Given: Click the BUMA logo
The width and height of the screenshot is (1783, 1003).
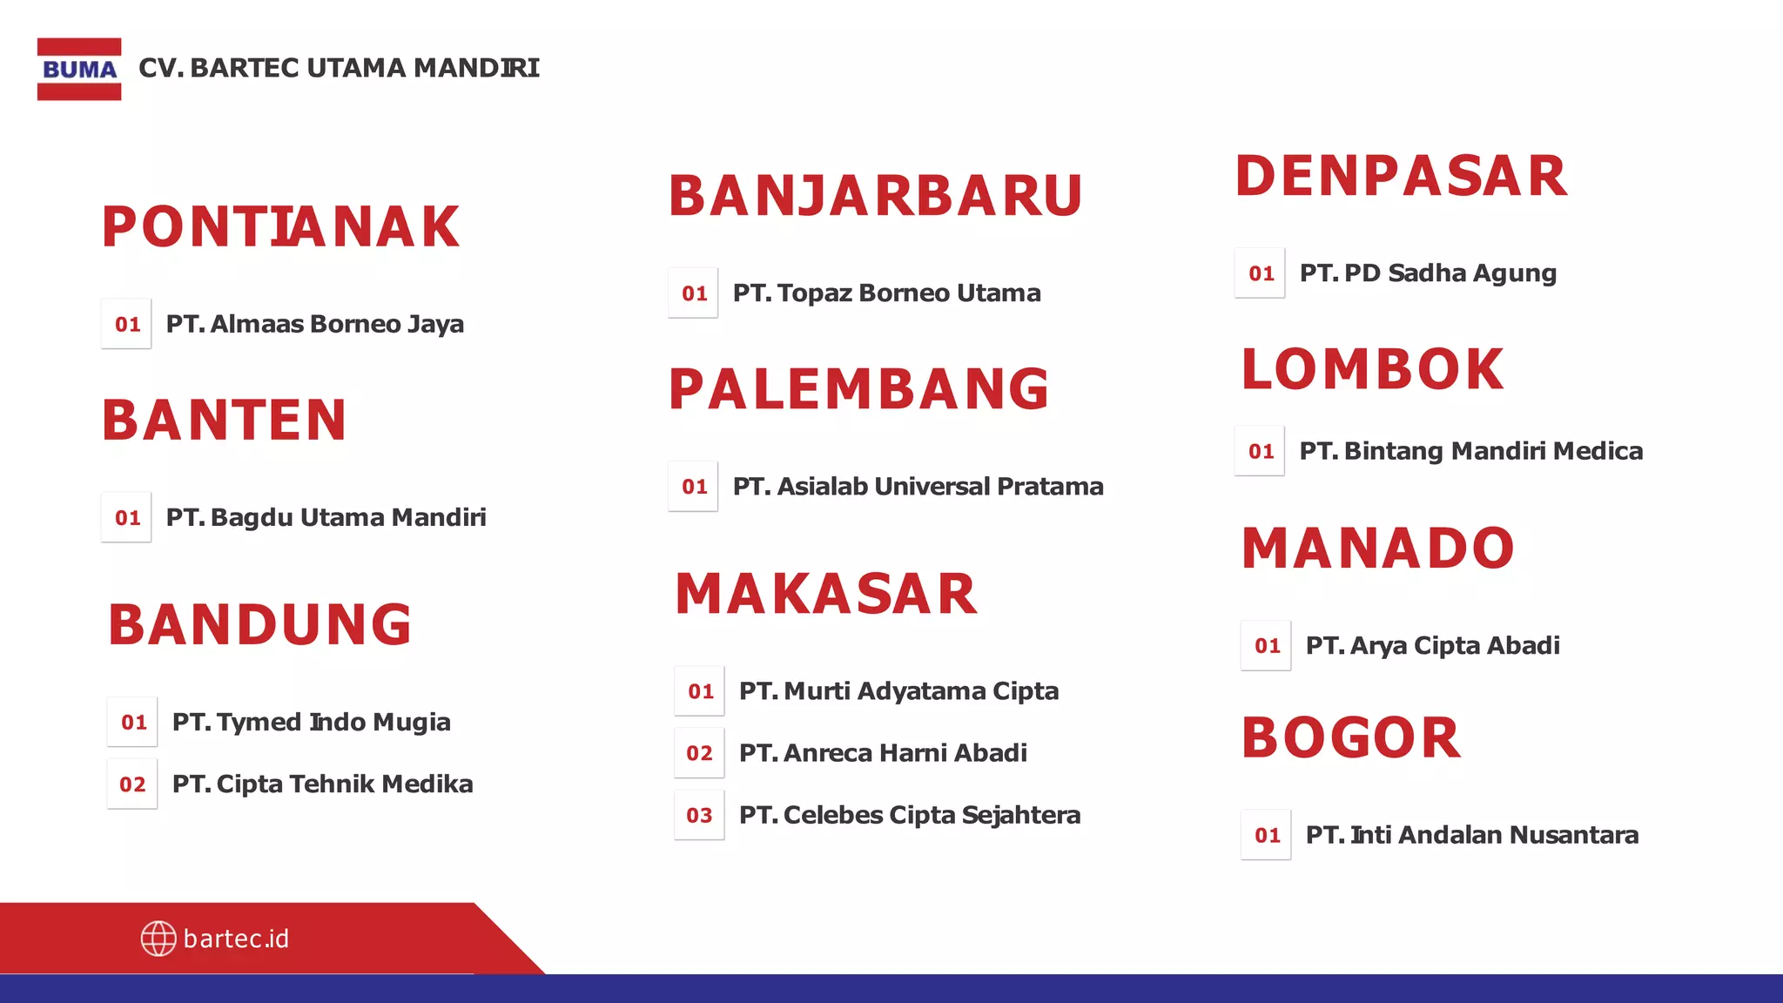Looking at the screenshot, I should tap(79, 69).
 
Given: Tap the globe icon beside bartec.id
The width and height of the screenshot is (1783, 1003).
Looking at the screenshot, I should tap(158, 939).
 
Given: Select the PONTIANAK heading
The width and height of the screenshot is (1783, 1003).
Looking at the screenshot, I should tap(280, 227).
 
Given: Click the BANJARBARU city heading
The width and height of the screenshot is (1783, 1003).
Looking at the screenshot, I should tap(875, 196).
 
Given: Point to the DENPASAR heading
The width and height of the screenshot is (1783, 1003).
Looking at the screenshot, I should tap(1401, 176).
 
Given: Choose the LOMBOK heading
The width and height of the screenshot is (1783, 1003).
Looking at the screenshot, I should tap(1373, 369).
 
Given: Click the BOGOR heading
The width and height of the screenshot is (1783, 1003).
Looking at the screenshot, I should tap(1350, 738).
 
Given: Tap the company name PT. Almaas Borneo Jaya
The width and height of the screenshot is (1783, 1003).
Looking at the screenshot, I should tap(314, 324).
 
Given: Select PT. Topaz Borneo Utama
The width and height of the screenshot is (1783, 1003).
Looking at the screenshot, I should tap(886, 293).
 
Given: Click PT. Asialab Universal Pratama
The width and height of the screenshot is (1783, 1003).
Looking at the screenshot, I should tap(918, 486).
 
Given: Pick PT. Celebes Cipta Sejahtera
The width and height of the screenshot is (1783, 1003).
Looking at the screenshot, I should tap(909, 815).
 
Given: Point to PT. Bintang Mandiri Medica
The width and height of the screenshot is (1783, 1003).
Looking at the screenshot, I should tap(1470, 451).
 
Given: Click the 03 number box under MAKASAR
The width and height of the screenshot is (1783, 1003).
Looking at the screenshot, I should tap(699, 815).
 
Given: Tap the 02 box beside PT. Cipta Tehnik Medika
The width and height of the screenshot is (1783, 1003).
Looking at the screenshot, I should tap(132, 784).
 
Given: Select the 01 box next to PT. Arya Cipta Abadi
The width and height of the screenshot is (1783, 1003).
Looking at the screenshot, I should tap(1267, 646).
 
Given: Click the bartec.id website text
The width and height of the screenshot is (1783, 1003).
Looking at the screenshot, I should tap(236, 939).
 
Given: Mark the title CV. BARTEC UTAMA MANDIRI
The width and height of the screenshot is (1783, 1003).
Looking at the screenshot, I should tap(339, 68).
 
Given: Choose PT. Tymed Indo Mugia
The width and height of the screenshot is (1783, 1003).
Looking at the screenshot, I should tap(311, 722).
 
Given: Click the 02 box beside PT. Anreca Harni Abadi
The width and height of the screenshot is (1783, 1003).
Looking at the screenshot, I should tap(699, 753).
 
